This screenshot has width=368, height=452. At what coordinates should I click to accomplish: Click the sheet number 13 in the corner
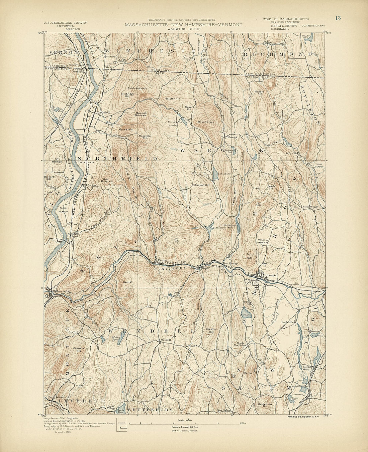338,18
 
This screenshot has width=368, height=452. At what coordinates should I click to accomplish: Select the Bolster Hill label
173,99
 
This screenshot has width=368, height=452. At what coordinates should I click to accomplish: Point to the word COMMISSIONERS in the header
313,25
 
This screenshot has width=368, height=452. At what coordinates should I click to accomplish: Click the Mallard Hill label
259,92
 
